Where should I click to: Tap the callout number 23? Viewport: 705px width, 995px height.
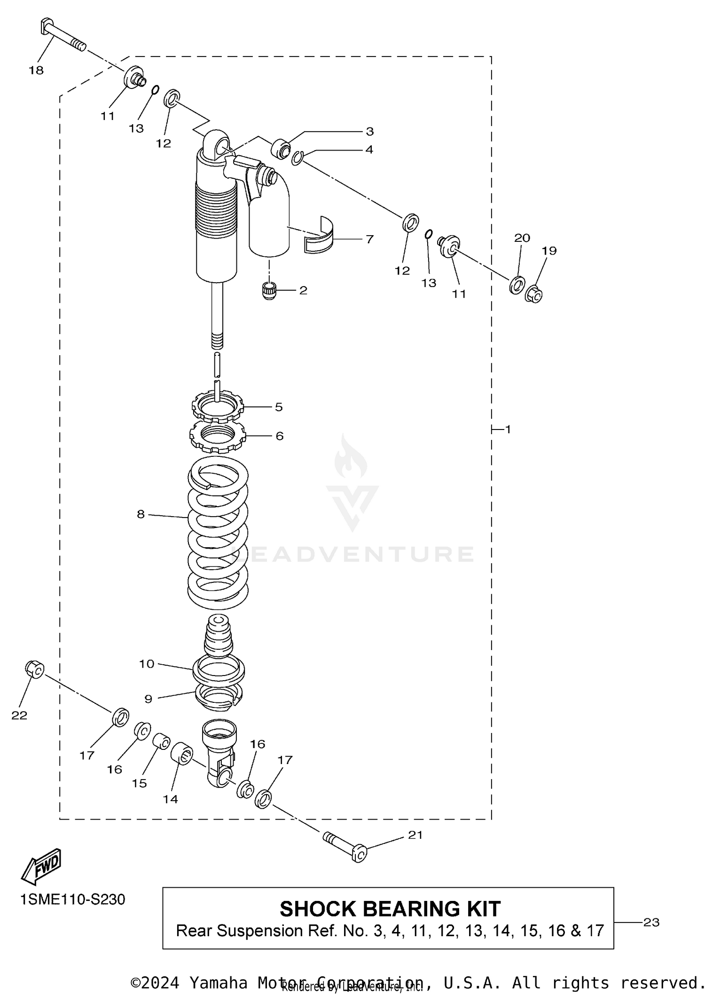[x=651, y=923]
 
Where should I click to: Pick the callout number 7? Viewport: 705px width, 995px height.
[x=369, y=239]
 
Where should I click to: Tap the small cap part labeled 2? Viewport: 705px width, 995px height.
[x=269, y=290]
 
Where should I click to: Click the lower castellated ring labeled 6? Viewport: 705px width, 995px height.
[x=217, y=436]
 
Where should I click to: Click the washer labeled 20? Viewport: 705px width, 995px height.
[x=517, y=285]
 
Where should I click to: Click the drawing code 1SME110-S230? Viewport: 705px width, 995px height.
[x=73, y=899]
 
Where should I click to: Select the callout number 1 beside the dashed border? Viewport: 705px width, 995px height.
[x=508, y=429]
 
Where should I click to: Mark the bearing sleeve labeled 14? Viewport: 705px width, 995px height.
[x=181, y=753]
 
